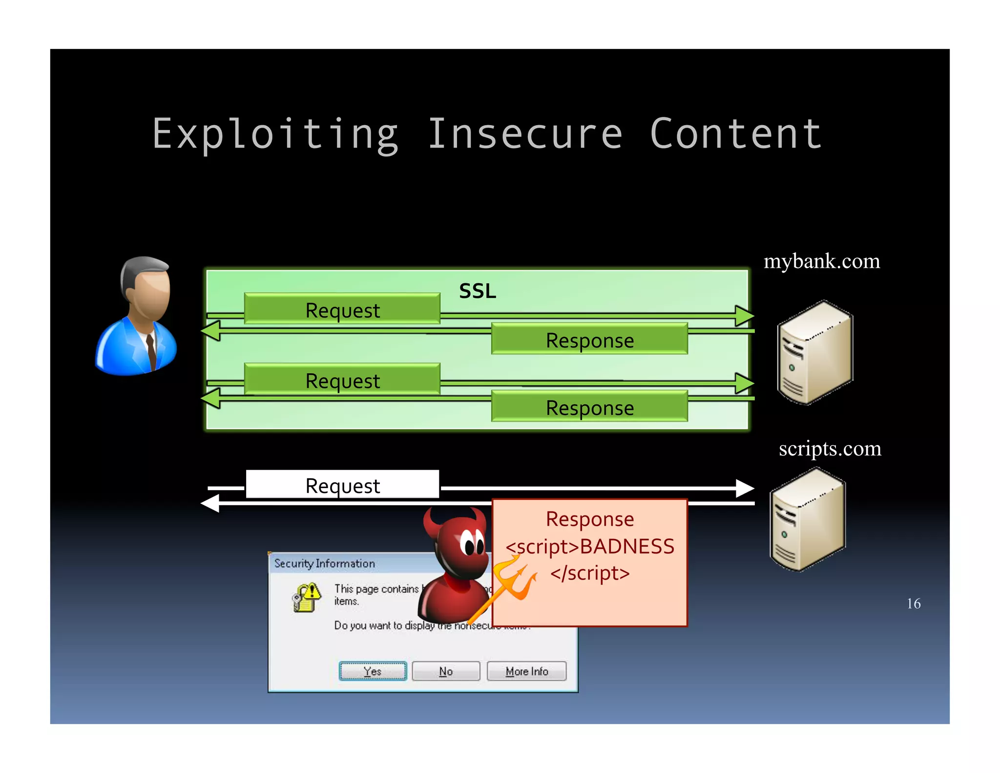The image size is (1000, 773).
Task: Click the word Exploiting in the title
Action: pos(275,134)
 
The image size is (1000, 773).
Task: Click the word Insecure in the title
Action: pos(525,134)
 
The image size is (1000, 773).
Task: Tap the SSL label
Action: pos(477,291)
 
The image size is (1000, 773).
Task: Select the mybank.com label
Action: pos(821,261)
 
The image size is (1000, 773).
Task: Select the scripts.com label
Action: pos(830,449)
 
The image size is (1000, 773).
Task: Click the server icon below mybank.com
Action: pos(814,353)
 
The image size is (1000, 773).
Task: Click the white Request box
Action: pos(342,485)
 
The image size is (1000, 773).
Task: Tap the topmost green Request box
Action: pos(342,309)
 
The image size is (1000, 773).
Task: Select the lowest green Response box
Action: pos(589,407)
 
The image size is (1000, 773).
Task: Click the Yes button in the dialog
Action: pos(373,671)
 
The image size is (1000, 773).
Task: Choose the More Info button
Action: pos(526,671)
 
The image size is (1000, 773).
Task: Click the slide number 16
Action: pos(913,603)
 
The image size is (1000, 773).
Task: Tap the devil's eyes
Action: pos(471,542)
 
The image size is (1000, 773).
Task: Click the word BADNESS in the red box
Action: pos(627,546)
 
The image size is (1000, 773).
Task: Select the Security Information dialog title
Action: pos(324,563)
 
